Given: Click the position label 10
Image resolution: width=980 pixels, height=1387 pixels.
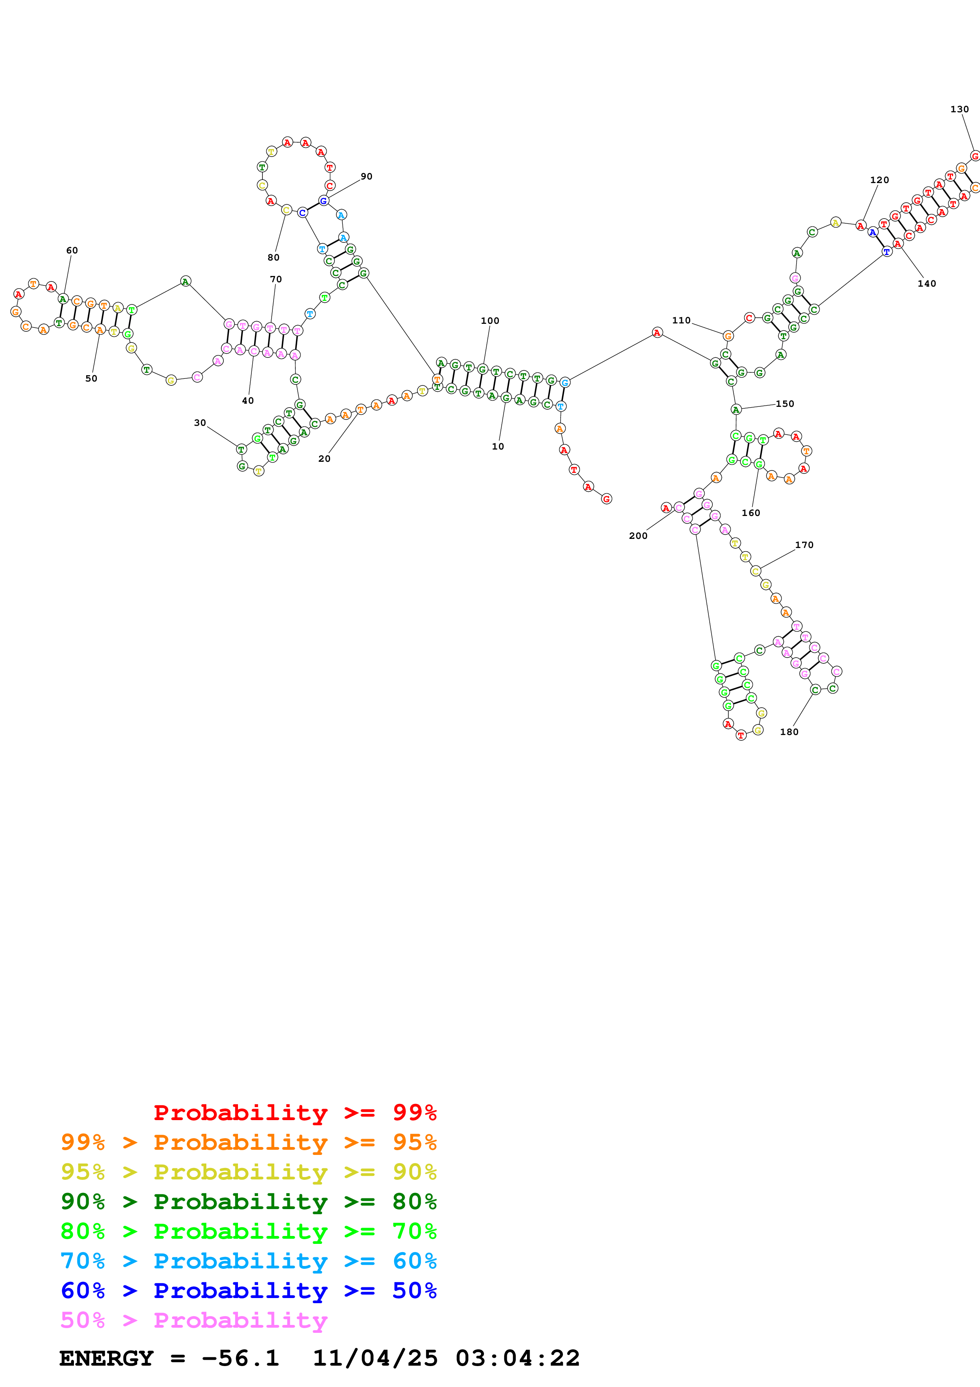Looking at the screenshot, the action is [x=498, y=446].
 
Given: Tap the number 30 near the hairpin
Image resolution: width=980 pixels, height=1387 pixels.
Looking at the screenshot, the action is [x=200, y=423].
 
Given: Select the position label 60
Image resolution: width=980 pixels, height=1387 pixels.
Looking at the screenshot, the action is [x=72, y=250].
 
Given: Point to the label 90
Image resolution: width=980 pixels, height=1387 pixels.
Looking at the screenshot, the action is [x=366, y=176].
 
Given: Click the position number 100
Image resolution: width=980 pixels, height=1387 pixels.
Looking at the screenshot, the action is [x=490, y=321].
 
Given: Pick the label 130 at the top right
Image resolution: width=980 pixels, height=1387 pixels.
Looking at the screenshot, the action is [x=959, y=110].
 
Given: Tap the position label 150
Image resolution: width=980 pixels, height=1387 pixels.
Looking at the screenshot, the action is [x=785, y=404].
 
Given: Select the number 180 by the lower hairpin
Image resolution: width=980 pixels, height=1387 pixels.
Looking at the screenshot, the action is [x=789, y=731].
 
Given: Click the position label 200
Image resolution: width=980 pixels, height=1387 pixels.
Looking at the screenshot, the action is [x=638, y=536].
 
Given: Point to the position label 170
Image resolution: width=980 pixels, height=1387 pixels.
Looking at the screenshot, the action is [x=804, y=545].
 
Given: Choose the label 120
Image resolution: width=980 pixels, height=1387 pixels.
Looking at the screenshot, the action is [x=880, y=180].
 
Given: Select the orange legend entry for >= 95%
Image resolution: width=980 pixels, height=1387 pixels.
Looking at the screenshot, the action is [x=248, y=1142].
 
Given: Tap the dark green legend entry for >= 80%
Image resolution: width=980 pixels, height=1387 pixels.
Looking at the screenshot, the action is [x=248, y=1202].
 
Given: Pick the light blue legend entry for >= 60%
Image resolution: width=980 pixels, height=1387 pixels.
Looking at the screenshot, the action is [x=248, y=1261].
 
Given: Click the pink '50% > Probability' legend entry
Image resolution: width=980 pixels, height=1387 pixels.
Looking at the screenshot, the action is [x=193, y=1320].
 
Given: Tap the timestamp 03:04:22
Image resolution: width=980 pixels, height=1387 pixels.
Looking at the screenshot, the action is [x=517, y=1359].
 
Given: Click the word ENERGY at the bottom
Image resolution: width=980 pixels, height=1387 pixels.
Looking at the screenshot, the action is [x=106, y=1359].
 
